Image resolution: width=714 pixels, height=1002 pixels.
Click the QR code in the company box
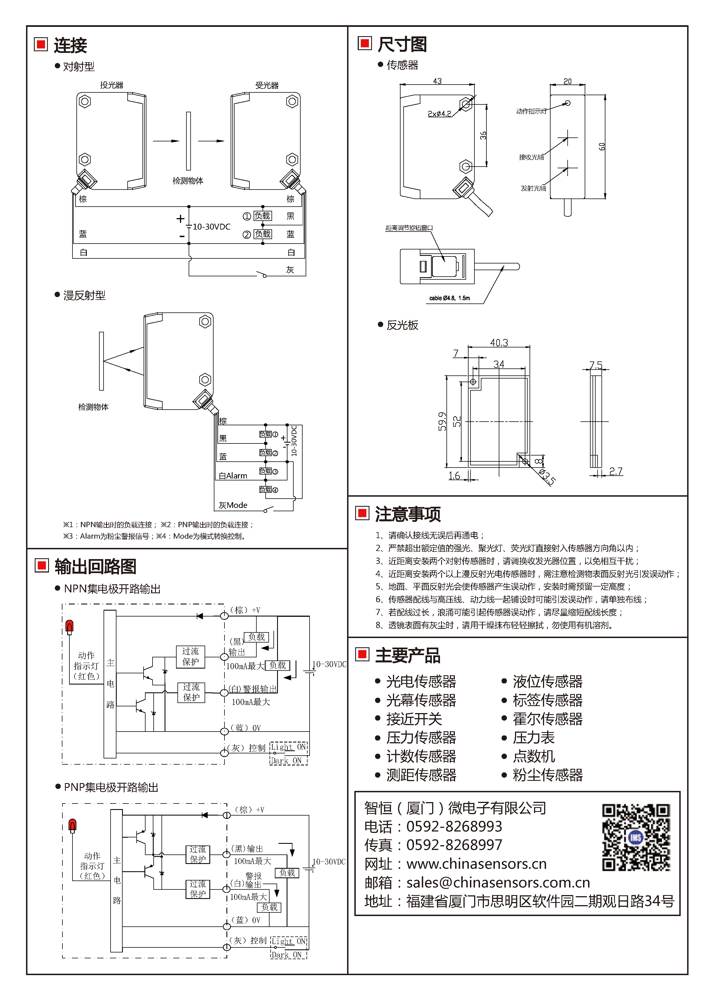pyautogui.click(x=636, y=837)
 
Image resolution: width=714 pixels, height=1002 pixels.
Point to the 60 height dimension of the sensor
pyautogui.click(x=601, y=146)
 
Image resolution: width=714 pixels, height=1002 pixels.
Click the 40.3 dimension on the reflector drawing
pyautogui.click(x=499, y=342)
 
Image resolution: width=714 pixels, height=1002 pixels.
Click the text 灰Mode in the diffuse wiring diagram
pyautogui.click(x=233, y=505)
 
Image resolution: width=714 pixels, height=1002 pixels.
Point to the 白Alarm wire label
pyautogui.click(x=233, y=476)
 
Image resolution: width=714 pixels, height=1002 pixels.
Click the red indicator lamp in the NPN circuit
pyautogui.click(x=69, y=627)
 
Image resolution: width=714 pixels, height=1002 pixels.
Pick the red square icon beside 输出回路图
pyautogui.click(x=41, y=566)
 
